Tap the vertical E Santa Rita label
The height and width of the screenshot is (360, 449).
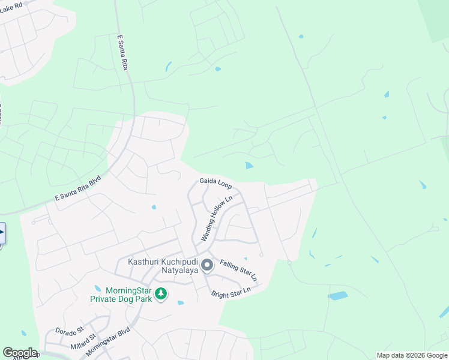point(123,53)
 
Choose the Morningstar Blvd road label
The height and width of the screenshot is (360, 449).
point(108,342)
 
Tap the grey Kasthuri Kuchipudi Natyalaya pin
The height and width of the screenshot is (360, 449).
point(207,265)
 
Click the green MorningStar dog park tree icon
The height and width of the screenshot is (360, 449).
point(160,293)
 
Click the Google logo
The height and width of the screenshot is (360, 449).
point(19,353)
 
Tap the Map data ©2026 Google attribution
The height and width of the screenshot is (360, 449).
point(412,355)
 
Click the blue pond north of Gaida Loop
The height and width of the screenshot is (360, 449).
point(249,166)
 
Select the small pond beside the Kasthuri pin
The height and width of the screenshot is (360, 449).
point(246,259)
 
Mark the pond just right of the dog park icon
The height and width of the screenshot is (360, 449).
point(180,302)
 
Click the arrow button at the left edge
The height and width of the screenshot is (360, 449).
point(2,232)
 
